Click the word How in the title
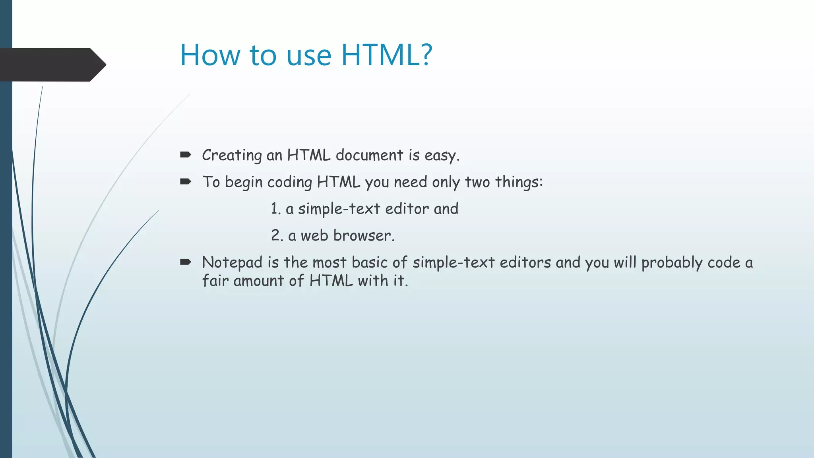[210, 55]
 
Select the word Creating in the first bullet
[232, 155]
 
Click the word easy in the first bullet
[440, 155]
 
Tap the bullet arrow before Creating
[186, 155]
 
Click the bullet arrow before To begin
[186, 182]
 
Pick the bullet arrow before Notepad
[186, 262]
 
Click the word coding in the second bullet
[289, 182]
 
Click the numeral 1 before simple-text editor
[274, 209]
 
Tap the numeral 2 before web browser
[275, 235]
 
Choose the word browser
[362, 235]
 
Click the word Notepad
[232, 263]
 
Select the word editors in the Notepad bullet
[525, 262]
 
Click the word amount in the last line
[259, 281]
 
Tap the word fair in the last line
[215, 281]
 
